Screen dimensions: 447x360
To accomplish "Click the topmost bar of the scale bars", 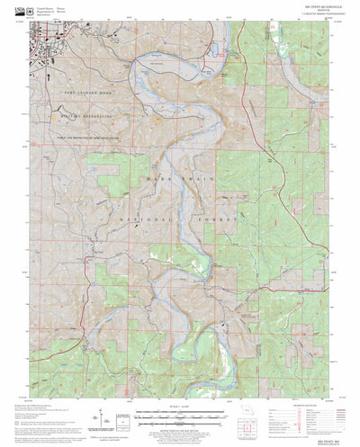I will tap(179, 416).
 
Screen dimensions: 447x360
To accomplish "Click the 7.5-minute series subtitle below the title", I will tap(179, 22).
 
